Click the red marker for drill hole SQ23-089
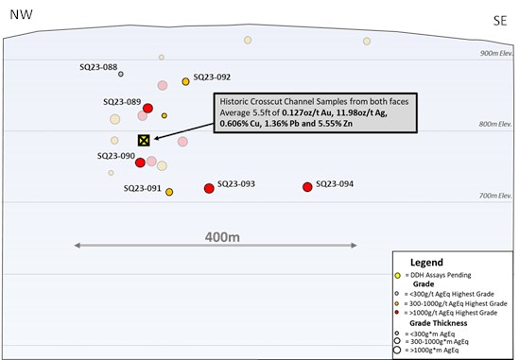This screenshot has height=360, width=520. [x=147, y=108]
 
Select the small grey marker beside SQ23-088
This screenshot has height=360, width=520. [x=121, y=74]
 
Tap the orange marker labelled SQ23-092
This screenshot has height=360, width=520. [x=185, y=81]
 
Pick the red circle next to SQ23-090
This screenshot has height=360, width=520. [x=140, y=163]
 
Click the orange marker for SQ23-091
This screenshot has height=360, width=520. [x=169, y=192]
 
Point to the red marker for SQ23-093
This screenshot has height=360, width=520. [x=209, y=189]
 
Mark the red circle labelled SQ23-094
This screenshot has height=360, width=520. [x=307, y=187]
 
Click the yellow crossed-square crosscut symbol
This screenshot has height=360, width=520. [x=144, y=141]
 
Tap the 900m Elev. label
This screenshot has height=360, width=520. [x=496, y=53]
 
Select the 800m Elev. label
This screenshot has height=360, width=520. [x=495, y=124]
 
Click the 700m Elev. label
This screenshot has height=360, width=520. [x=495, y=196]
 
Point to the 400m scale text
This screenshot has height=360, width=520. [x=222, y=237]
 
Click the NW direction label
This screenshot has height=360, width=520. [x=21, y=14]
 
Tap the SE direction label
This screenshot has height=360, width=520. [x=500, y=21]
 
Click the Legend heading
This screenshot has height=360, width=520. [x=426, y=263]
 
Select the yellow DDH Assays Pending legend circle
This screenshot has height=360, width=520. [x=398, y=276]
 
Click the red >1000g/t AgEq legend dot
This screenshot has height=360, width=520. [x=397, y=312]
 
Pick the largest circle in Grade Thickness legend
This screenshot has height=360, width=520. [x=397, y=350]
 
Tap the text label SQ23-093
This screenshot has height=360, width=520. [x=236, y=183]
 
